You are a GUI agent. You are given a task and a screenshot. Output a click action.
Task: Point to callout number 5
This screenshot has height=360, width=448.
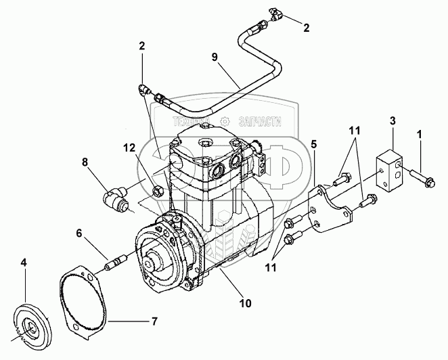[314, 143]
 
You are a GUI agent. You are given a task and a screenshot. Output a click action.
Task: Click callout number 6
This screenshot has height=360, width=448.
[79, 233]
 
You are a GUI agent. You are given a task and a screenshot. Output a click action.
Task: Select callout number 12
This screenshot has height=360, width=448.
[129, 147]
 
